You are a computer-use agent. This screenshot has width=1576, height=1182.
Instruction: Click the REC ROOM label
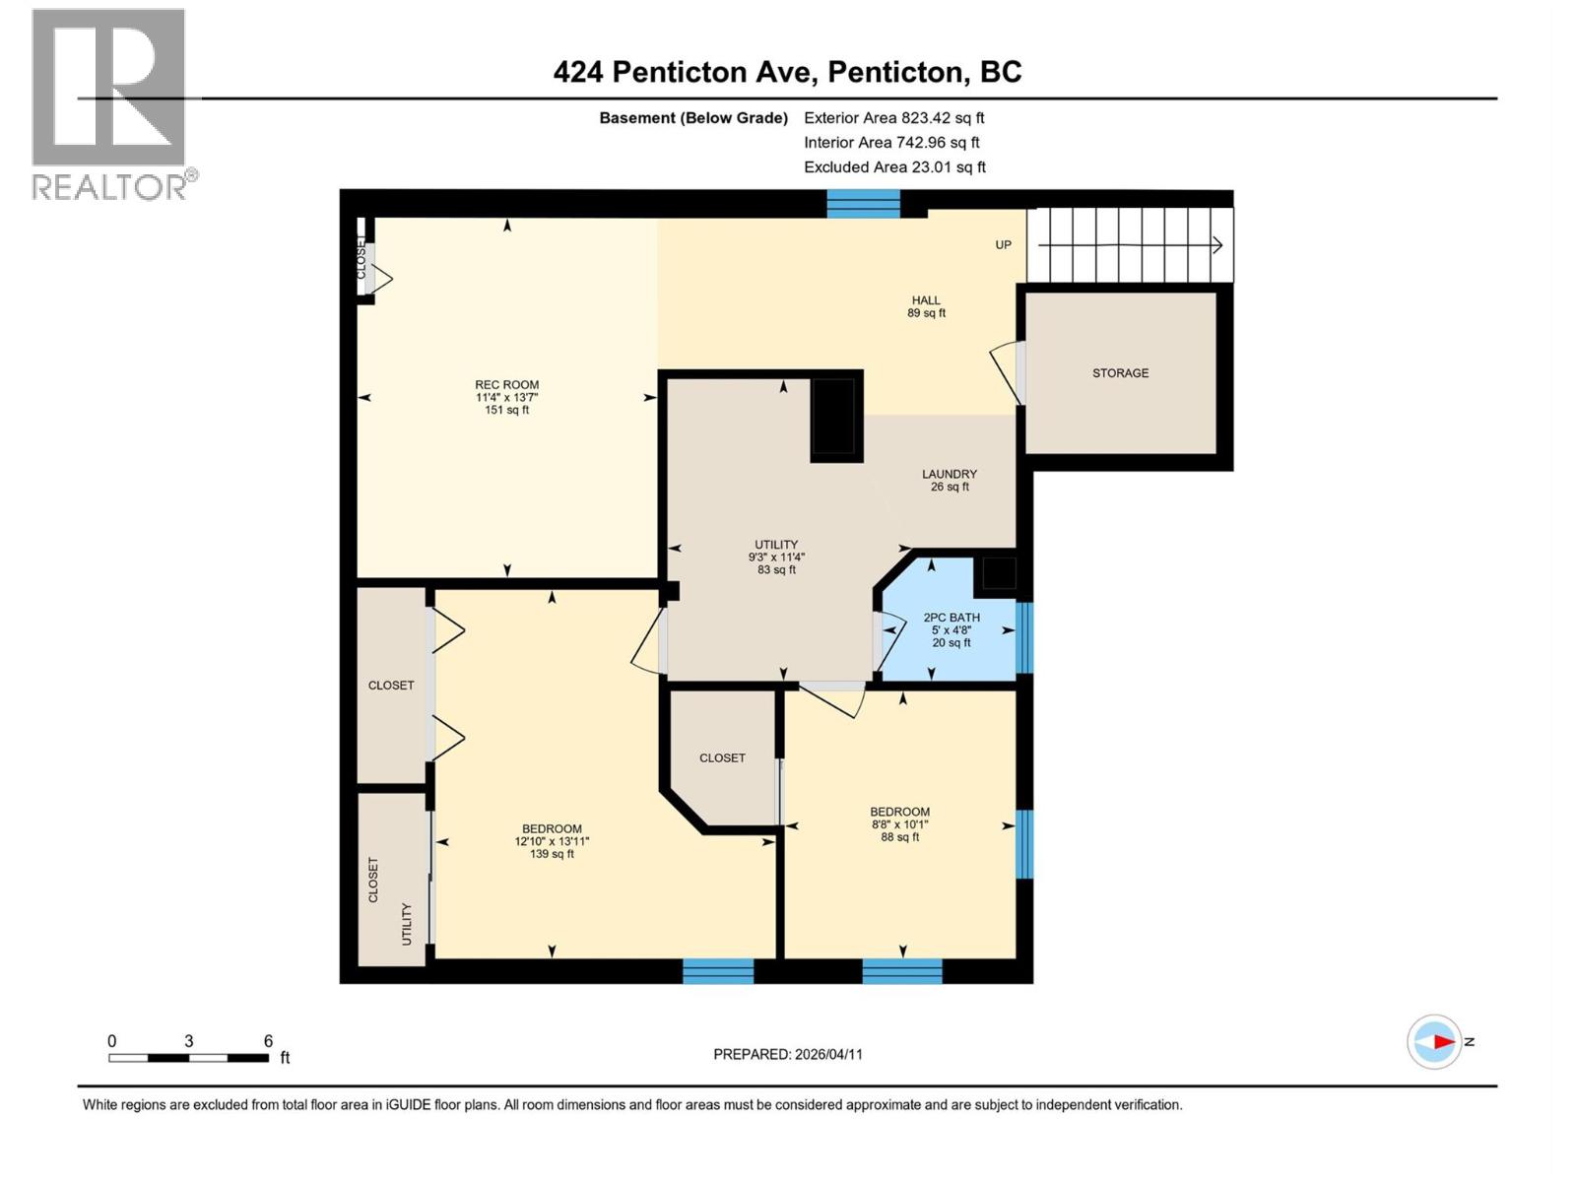[x=506, y=385]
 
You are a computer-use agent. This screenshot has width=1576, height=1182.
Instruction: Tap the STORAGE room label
[x=1120, y=373]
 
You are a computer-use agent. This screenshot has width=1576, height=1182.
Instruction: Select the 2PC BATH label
[x=952, y=618]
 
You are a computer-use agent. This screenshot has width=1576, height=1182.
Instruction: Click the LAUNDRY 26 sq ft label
[x=950, y=480]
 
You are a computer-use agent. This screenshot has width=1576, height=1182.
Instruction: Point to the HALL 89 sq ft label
[x=926, y=306]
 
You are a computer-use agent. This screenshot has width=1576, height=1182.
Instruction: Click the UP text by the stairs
[x=1003, y=244]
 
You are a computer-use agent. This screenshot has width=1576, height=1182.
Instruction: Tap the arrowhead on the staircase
[x=1218, y=245]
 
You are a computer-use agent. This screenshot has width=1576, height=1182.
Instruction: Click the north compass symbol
[x=1434, y=1041]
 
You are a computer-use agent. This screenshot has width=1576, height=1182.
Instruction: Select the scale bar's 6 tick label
[x=268, y=1041]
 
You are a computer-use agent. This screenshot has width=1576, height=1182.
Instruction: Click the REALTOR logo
[x=109, y=103]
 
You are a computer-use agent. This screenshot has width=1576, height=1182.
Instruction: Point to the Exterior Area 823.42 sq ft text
[x=893, y=117]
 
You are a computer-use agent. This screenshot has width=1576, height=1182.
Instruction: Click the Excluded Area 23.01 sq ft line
[x=893, y=167]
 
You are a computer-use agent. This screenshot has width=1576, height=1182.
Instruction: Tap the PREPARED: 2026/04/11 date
[x=788, y=1054]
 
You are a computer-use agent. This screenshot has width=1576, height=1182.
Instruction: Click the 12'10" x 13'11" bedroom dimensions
[x=552, y=841]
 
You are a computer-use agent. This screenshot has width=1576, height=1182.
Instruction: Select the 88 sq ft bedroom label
[x=899, y=837]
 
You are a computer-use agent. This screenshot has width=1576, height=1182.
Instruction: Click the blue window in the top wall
[x=863, y=203]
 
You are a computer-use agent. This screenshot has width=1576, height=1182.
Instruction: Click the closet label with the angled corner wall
[x=722, y=757]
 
